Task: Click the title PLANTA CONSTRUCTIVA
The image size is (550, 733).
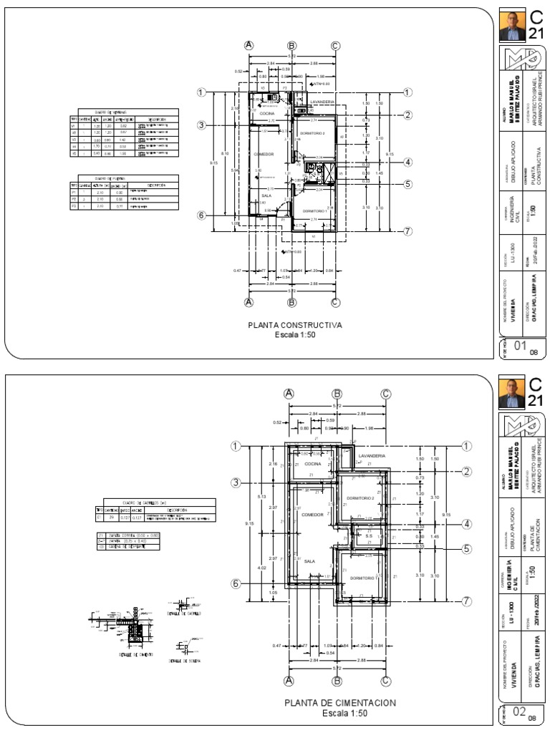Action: (x=294, y=325)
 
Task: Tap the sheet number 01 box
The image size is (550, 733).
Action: (x=515, y=349)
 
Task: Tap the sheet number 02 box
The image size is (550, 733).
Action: (x=515, y=713)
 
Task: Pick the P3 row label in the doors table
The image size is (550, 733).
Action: (x=73, y=205)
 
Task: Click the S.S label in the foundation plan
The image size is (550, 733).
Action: (x=368, y=535)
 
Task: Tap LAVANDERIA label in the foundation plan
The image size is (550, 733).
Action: (x=372, y=455)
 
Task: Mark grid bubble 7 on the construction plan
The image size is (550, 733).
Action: (x=408, y=231)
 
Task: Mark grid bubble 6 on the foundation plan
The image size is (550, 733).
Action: (x=236, y=583)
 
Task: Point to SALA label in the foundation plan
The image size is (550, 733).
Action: (x=309, y=561)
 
